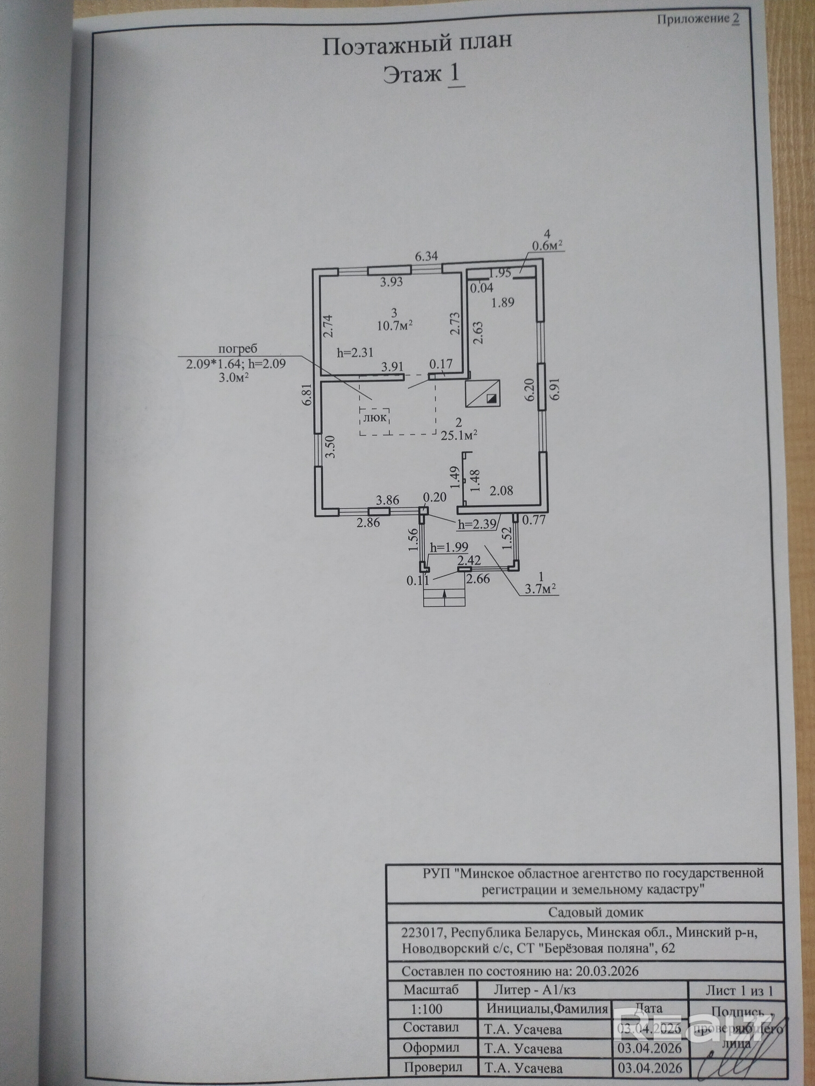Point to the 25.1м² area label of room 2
(459, 435)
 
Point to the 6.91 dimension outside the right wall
(555, 389)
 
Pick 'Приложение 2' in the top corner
(698, 19)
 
